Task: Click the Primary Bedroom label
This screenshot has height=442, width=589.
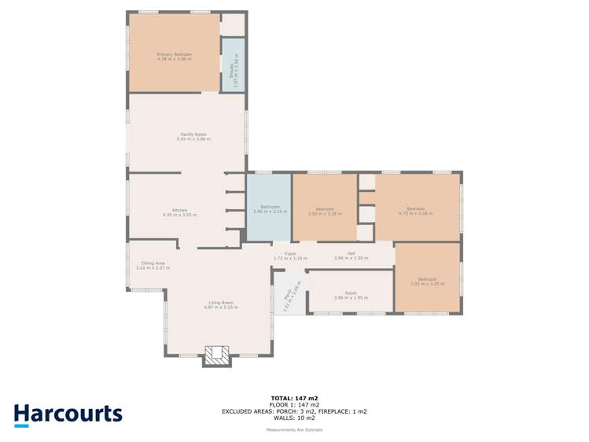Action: coord(174,54)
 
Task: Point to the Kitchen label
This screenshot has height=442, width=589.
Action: coord(180,210)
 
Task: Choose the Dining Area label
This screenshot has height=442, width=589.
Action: coord(153,263)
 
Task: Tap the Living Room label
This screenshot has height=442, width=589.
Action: coord(221,302)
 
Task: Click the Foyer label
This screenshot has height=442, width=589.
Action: coord(290,253)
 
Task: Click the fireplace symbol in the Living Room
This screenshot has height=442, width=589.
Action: coord(217,355)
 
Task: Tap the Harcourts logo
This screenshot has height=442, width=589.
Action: coord(68,414)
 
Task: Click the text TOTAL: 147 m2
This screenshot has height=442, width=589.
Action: coord(294,398)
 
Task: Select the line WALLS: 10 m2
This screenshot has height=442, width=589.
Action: coord(294,418)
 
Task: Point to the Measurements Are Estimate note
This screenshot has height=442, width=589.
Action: coord(294,429)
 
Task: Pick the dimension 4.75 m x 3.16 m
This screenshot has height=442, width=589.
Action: coord(416,213)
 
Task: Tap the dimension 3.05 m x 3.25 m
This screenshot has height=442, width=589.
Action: coord(427,284)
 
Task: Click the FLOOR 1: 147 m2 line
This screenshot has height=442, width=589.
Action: coord(294,404)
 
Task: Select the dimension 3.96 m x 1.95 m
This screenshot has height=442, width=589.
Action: coord(351,297)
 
